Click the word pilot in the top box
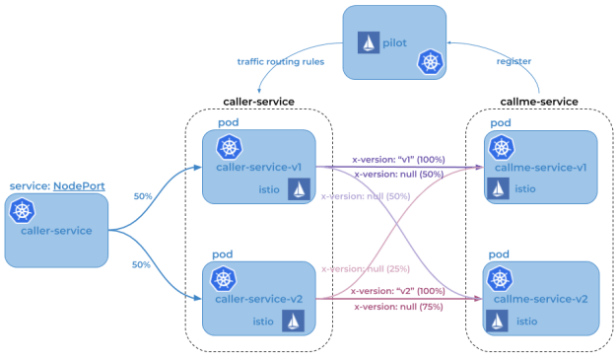396,43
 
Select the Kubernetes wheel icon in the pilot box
429,62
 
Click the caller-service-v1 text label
259,167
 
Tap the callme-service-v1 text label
540,167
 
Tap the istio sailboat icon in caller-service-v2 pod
293,321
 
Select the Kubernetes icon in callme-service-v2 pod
501,279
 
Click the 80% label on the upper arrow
142,196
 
